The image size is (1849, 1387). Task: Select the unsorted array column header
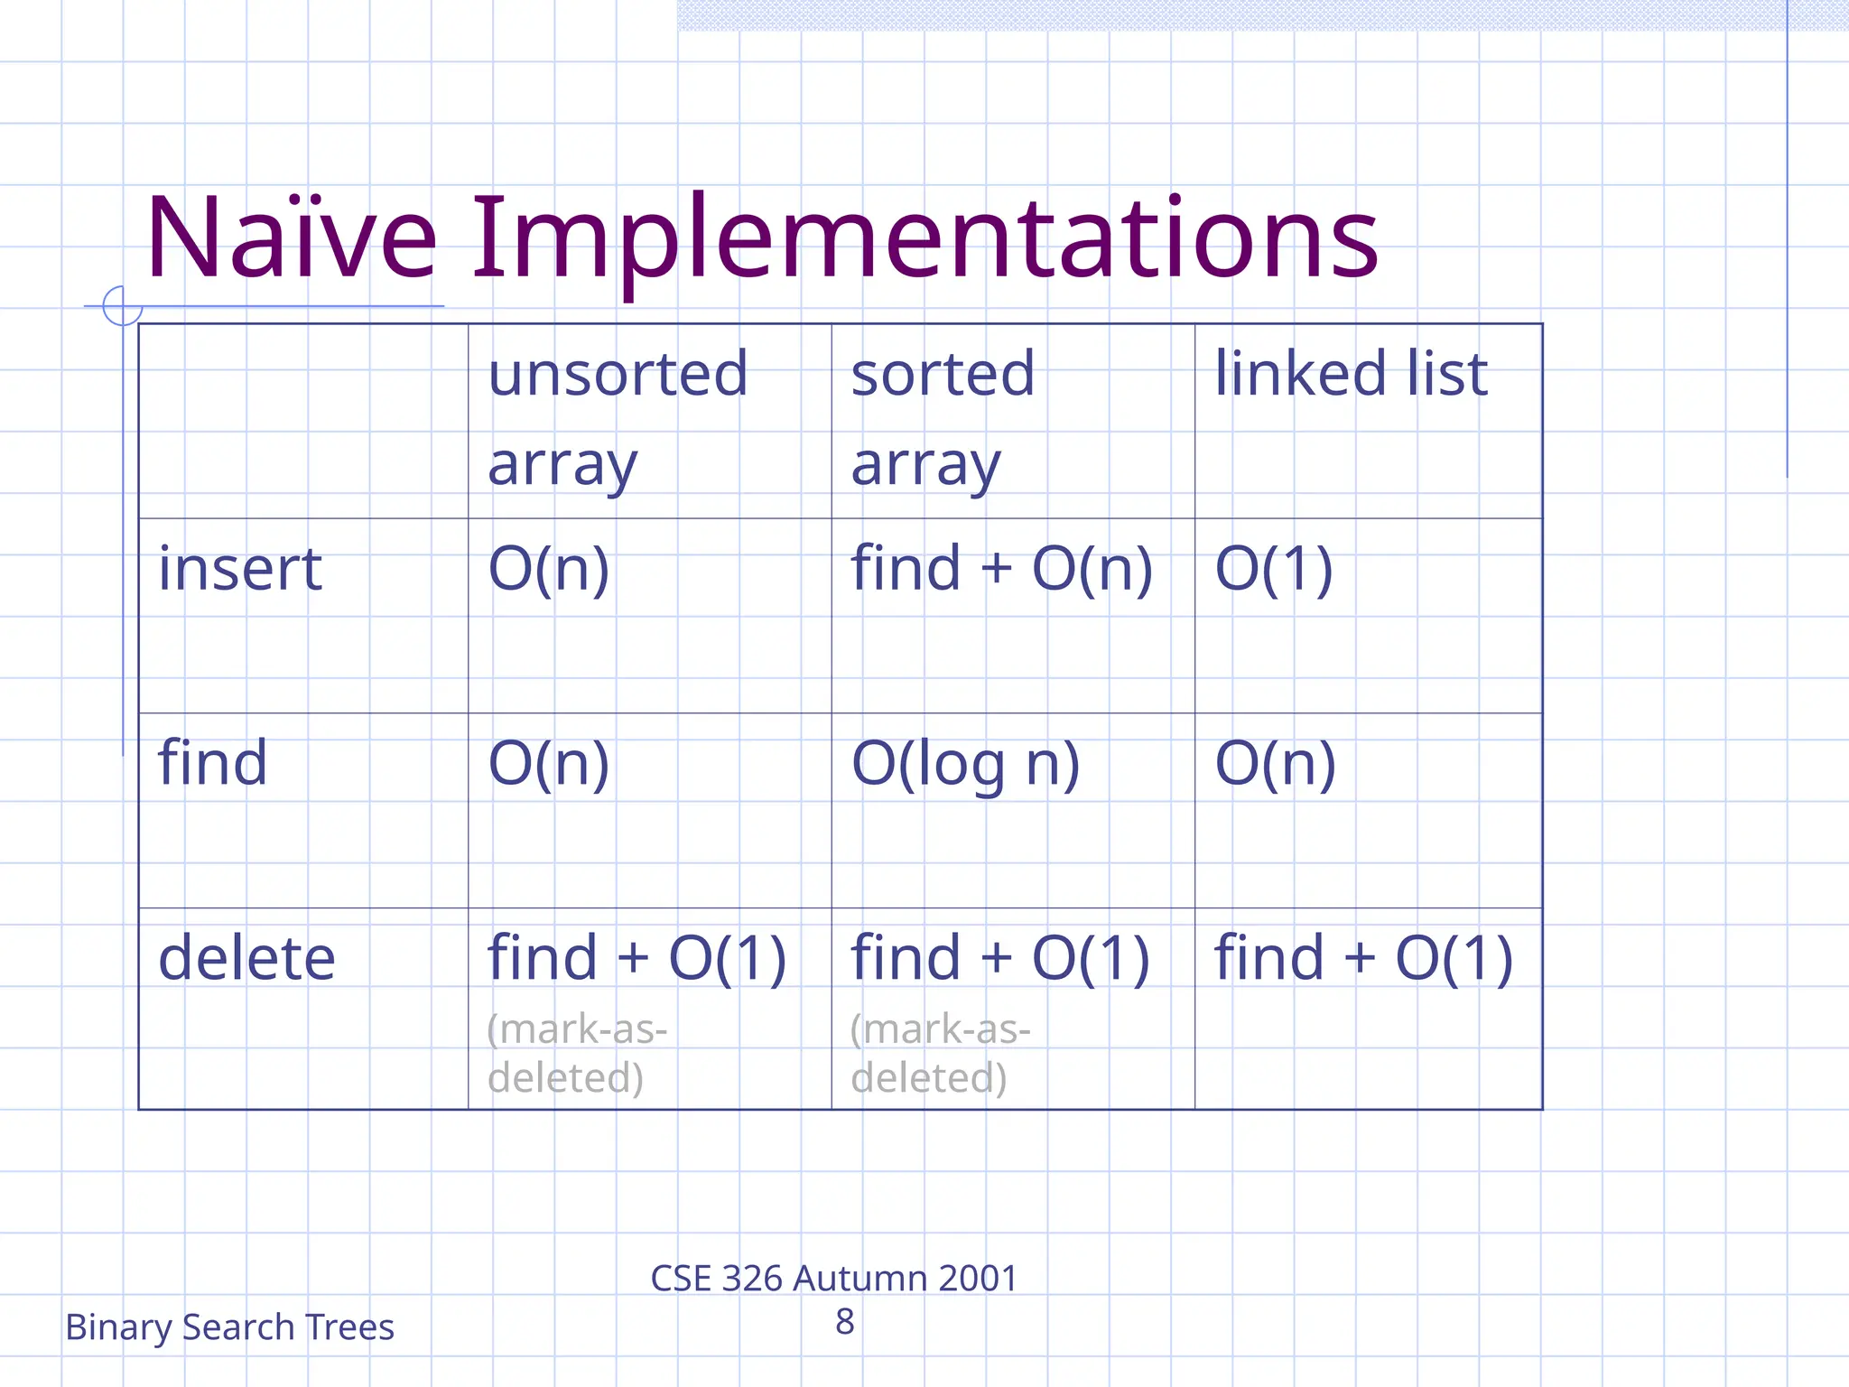[618, 418]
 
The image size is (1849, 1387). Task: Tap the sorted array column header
[943, 418]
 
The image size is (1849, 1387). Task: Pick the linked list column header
[1351, 373]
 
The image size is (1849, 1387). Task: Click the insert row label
[240, 569]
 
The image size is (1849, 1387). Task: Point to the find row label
[213, 763]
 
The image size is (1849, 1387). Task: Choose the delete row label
[246, 958]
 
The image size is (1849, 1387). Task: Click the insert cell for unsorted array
[548, 569]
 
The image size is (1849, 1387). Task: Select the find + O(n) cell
[1001, 569]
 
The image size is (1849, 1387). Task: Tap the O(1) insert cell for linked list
[1273, 569]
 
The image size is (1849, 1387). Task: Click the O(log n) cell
[965, 765]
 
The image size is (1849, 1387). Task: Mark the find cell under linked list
[1275, 764]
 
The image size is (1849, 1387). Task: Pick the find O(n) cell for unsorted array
[548, 764]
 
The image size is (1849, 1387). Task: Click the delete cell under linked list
[1362, 958]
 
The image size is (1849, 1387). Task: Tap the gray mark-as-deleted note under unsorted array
[576, 1053]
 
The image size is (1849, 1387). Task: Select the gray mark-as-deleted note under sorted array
[939, 1053]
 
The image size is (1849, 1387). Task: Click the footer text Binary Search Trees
[229, 1327]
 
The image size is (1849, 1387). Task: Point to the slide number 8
[844, 1322]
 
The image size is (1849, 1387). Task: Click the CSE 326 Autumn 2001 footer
[833, 1279]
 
